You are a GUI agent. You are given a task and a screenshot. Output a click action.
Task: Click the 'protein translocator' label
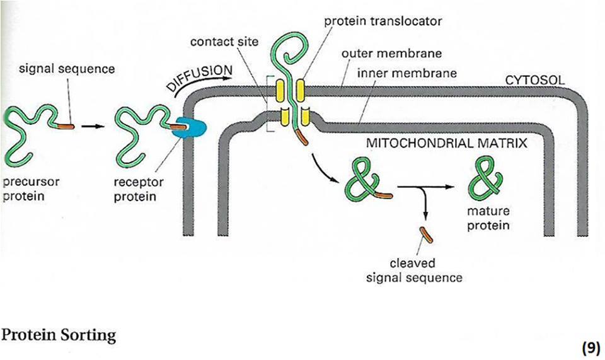(x=383, y=21)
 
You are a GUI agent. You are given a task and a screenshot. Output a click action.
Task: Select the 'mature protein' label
(x=488, y=218)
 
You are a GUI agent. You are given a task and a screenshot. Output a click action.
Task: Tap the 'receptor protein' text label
(x=140, y=189)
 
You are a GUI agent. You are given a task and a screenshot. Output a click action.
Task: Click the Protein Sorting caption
(x=59, y=335)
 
